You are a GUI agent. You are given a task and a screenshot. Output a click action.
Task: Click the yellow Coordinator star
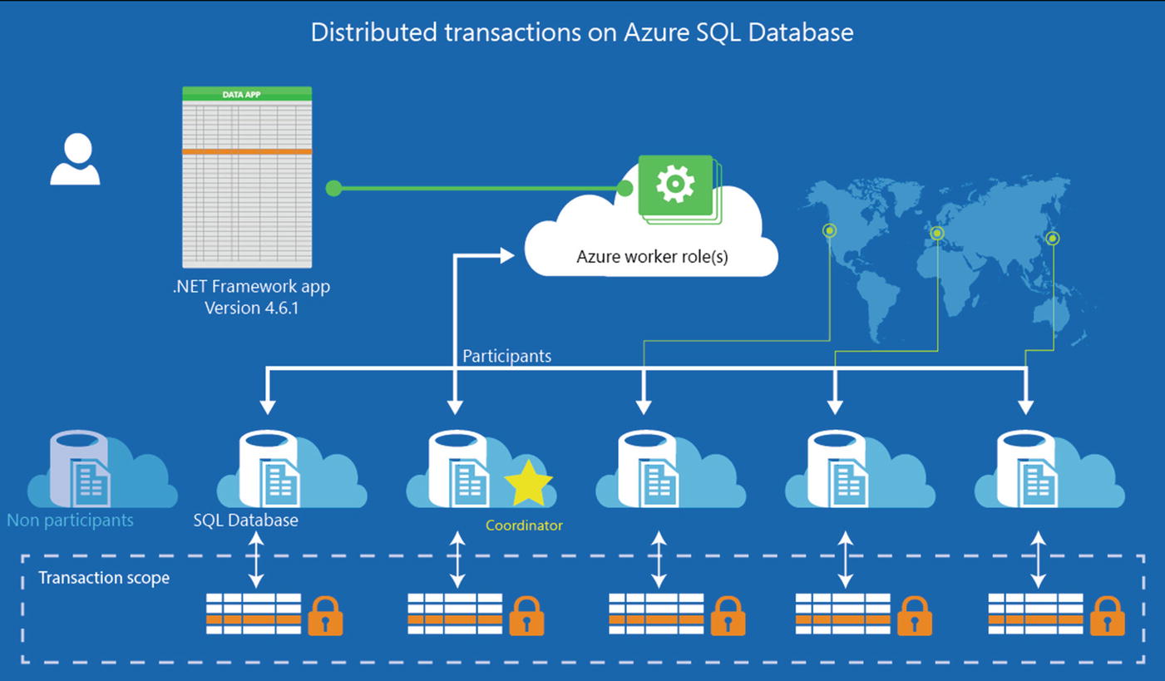point(528,486)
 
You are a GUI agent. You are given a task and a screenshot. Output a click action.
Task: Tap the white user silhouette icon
point(75,160)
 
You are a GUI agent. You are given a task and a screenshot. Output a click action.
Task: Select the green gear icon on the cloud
point(674,185)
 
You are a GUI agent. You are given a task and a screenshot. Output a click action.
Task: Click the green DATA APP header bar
point(247,94)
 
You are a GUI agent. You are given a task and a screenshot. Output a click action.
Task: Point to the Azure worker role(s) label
point(652,256)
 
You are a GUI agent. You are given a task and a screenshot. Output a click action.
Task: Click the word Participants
point(506,356)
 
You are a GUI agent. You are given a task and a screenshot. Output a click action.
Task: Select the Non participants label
point(70,521)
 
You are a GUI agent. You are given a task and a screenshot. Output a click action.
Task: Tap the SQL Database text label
point(245,521)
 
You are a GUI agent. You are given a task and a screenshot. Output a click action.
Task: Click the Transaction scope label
point(104,577)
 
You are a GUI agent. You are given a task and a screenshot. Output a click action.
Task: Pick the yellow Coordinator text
point(524,526)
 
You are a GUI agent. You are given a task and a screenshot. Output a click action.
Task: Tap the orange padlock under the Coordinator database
point(526,616)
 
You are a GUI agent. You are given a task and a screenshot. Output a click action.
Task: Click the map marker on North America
point(829,230)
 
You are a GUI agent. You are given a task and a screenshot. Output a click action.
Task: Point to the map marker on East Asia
point(1053,239)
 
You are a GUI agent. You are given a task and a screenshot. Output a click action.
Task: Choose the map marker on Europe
point(937,233)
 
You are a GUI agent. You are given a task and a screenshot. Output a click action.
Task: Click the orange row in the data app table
point(247,151)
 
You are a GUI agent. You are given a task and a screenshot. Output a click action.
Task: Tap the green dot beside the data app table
point(333,189)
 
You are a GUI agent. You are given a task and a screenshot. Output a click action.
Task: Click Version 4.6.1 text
point(251,307)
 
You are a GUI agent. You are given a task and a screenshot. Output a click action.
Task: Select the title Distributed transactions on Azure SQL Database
point(582,32)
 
